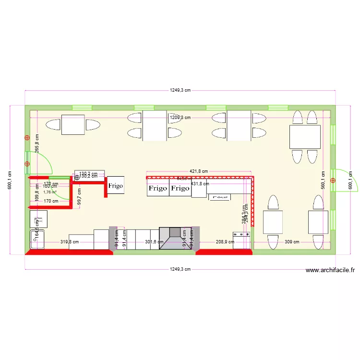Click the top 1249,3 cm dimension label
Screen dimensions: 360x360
click(180, 90)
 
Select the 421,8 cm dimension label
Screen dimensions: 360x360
click(199, 171)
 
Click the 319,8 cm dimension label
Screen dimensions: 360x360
click(70, 242)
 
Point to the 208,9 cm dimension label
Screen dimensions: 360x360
click(225, 242)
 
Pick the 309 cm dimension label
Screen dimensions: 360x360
click(292, 242)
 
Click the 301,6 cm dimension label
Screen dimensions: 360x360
click(154, 242)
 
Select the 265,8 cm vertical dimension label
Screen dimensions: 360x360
click(37, 143)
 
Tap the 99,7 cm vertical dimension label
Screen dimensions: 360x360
click(79, 196)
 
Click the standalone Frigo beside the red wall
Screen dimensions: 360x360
click(115, 185)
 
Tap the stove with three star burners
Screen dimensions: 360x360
click(241, 240)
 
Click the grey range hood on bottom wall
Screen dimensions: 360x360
click(176, 238)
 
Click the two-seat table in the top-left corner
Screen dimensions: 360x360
click(73, 125)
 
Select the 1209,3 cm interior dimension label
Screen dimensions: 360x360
click(180, 117)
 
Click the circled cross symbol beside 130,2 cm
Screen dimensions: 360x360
click(77, 177)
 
